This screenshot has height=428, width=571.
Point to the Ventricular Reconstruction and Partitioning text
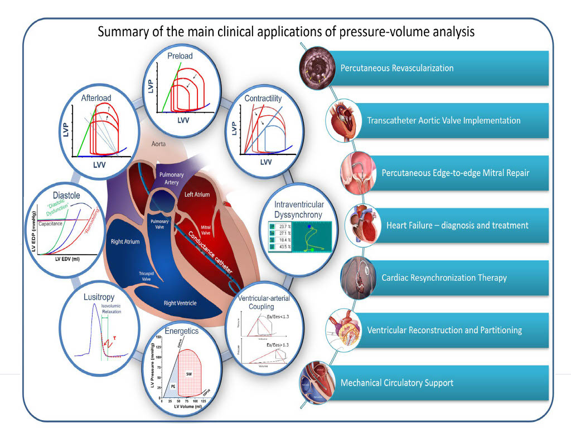(x=444, y=330)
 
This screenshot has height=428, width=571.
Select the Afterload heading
(x=96, y=98)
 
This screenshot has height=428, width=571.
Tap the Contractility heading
(x=263, y=99)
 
